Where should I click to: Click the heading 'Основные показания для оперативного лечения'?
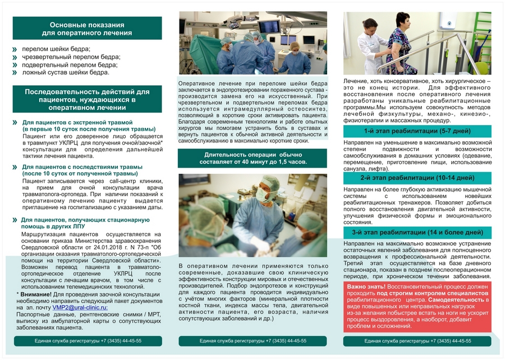click(x=87, y=29)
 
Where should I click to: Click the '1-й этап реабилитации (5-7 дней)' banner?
click(x=416, y=131)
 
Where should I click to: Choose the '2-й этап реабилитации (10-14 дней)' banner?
click(x=416, y=178)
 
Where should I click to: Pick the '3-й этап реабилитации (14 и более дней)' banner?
click(x=416, y=232)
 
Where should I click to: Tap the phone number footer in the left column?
click(x=88, y=341)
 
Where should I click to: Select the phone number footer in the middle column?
click(x=252, y=341)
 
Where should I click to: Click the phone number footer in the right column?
click(x=417, y=341)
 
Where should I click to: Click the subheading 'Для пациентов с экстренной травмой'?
click(x=77, y=122)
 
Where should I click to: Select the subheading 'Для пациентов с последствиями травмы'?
click(x=82, y=167)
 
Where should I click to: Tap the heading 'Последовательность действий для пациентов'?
click(x=87, y=99)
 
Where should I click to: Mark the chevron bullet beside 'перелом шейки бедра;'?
click(x=15, y=49)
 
